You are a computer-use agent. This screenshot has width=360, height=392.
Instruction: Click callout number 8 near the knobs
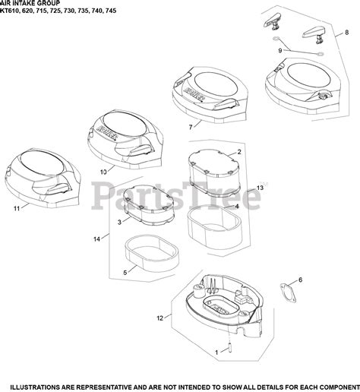346,33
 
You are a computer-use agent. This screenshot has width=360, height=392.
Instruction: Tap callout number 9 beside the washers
280,51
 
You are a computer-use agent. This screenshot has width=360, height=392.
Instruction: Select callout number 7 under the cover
191,127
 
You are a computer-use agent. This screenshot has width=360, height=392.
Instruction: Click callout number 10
103,172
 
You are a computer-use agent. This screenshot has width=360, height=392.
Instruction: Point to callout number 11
17,209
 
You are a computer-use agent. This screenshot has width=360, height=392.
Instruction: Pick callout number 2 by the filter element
239,152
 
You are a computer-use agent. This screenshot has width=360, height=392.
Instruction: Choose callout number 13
260,188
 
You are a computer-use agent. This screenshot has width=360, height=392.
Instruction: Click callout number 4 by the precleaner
237,207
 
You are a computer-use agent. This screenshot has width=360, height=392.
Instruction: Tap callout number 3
119,223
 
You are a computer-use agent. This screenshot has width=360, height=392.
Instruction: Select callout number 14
97,239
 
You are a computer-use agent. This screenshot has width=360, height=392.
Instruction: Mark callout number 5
125,273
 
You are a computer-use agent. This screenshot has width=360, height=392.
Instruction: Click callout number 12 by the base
160,318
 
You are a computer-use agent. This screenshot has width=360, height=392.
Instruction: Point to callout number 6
300,280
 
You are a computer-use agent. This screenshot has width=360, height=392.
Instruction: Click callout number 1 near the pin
216,352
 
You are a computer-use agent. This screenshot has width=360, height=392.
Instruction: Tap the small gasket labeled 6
288,293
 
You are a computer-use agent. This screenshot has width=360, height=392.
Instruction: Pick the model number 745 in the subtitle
112,11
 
